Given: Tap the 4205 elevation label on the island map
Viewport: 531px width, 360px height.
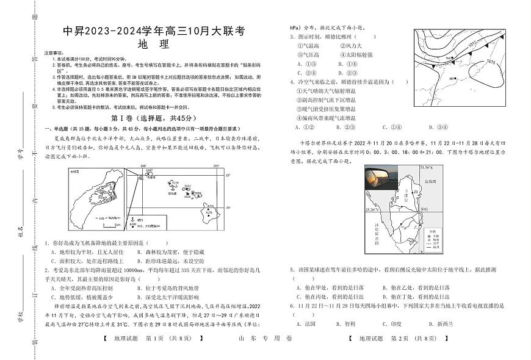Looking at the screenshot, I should [x=209, y=206].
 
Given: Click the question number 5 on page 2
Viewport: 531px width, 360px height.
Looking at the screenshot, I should [x=291, y=268].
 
